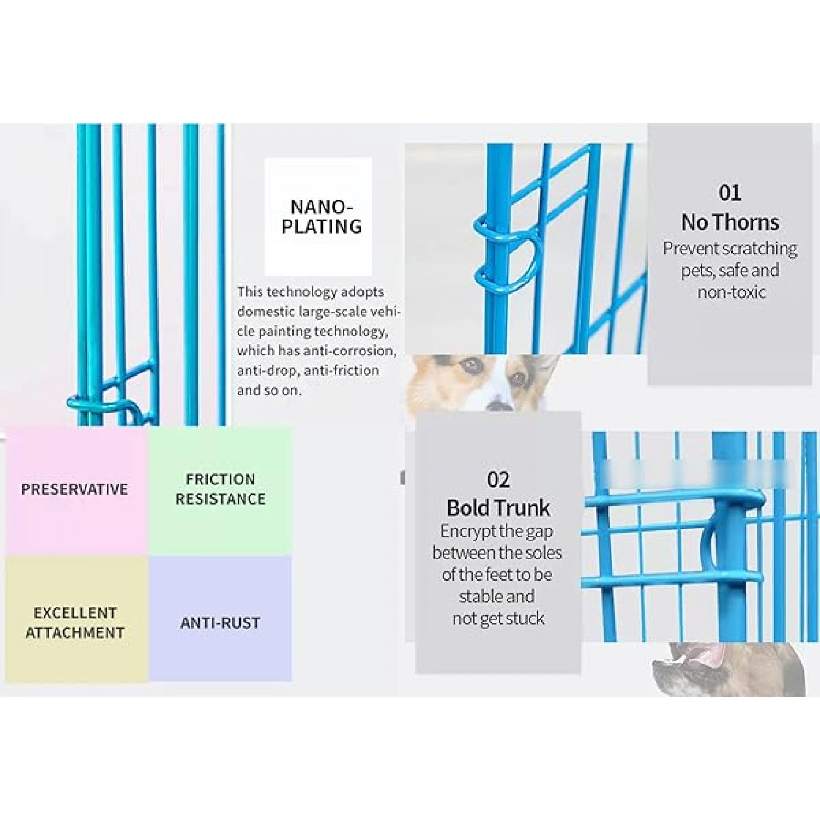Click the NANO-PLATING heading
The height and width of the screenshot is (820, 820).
[x=321, y=216]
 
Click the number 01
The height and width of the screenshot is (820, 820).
[x=730, y=192]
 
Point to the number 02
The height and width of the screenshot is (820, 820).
[x=498, y=479]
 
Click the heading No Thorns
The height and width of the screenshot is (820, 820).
[x=730, y=222]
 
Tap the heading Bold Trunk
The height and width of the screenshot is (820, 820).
[x=498, y=508]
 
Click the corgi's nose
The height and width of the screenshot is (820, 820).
[x=499, y=405]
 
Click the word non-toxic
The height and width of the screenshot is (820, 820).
[x=731, y=292]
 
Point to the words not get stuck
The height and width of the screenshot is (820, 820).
[x=498, y=618]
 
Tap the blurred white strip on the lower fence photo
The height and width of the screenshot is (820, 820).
[x=694, y=473]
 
